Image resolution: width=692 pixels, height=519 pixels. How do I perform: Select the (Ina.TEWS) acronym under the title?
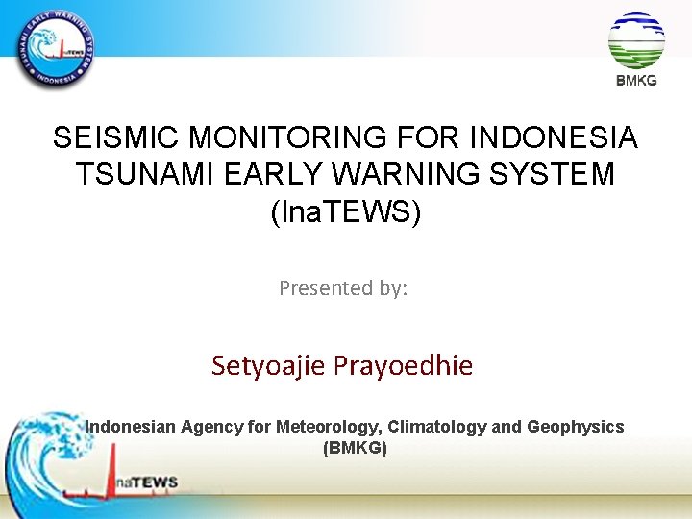[346, 211]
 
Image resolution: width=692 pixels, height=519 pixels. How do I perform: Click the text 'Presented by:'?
[343, 287]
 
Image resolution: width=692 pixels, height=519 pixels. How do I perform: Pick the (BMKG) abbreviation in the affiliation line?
[356, 448]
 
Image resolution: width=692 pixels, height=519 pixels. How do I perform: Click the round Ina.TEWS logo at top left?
[56, 48]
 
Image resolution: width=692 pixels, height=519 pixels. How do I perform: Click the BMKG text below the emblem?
[636, 81]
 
